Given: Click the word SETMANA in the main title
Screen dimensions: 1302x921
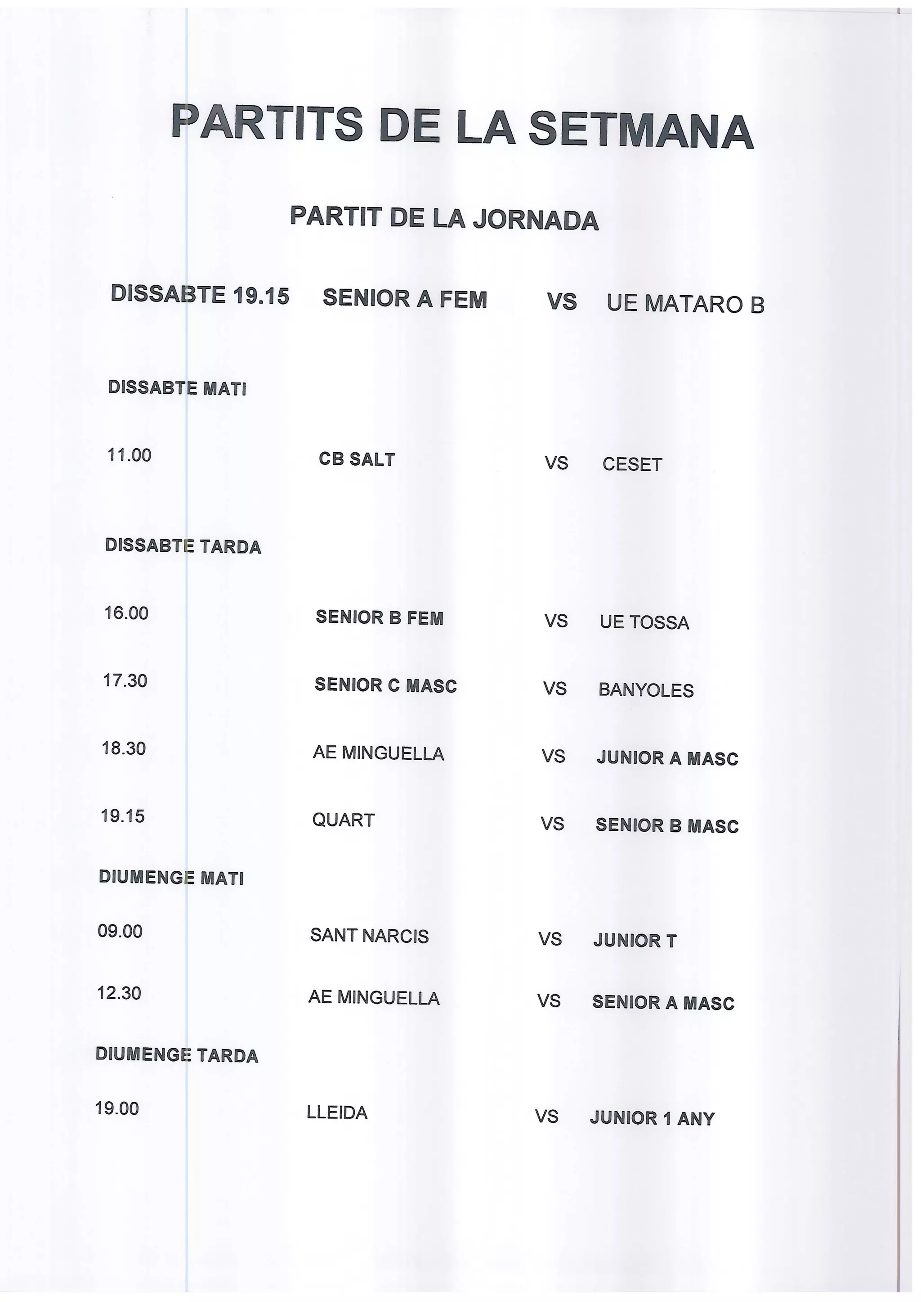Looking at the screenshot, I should point(641,130).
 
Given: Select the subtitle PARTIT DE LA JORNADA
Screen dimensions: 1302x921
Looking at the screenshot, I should point(444,218).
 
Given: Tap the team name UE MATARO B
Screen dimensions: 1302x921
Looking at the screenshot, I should point(685,304).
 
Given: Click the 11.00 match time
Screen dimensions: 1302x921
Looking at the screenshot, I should point(130,455).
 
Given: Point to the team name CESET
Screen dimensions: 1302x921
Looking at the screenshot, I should point(632,464).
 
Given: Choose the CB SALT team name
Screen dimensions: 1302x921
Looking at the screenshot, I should point(356,459).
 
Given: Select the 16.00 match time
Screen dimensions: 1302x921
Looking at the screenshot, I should point(126,613).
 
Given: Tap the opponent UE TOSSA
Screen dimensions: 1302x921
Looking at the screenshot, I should point(644,622).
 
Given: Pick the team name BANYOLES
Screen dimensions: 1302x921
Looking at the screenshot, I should point(646,690).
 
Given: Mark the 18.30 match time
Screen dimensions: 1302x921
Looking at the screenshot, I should point(124,748).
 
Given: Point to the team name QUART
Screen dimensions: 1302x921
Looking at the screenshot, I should point(343,820).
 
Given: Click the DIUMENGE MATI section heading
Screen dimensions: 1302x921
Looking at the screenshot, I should point(171,878).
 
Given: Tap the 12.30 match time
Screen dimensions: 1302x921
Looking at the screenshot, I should point(119,993).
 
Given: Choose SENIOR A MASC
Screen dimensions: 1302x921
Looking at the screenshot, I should point(663,1003).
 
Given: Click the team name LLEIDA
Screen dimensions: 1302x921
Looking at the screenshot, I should point(337,1113).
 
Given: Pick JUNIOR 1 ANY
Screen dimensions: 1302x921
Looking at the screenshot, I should point(652,1118).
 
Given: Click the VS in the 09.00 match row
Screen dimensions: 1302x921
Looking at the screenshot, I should point(550,939).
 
